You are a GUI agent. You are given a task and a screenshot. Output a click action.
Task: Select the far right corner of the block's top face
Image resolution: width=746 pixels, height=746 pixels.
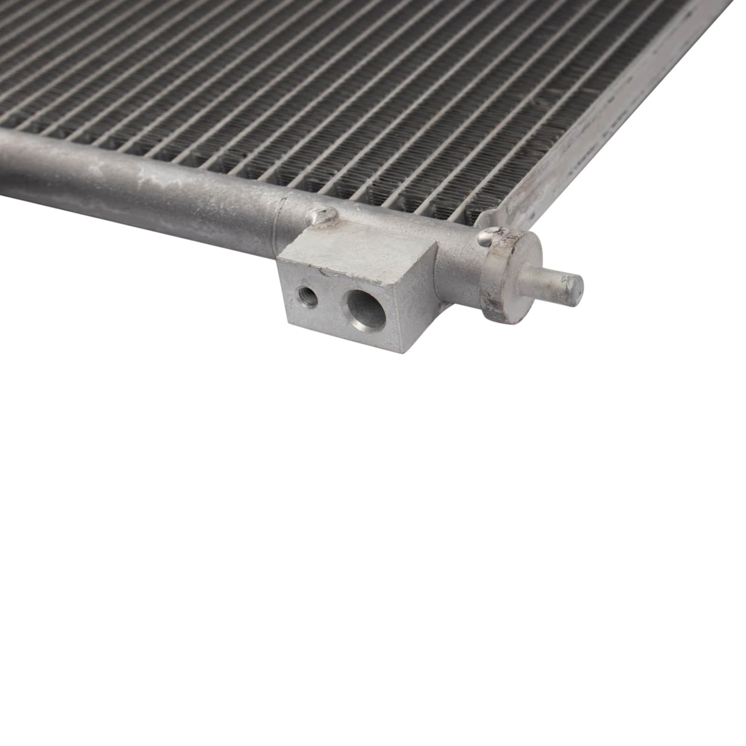436,242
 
